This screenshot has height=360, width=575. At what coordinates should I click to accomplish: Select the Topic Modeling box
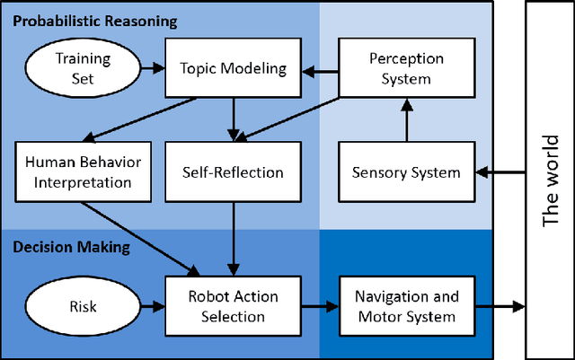click(x=233, y=67)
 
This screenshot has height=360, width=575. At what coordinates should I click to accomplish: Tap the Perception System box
click(x=407, y=67)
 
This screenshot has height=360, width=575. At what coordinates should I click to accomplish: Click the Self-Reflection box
click(x=233, y=171)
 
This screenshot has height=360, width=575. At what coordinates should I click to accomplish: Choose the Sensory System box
click(x=407, y=171)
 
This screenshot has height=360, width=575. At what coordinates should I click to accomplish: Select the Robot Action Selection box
click(x=233, y=305)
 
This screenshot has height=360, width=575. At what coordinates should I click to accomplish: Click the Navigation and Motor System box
click(x=407, y=305)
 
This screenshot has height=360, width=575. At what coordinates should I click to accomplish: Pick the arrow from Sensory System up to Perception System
click(x=407, y=120)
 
